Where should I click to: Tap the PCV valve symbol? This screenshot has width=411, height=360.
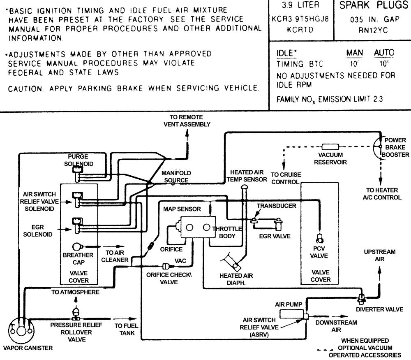(x=319, y=239)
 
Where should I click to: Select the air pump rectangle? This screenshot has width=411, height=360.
(x=291, y=314)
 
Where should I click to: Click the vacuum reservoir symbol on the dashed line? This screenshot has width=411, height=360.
(x=330, y=147)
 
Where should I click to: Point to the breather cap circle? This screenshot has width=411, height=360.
(x=76, y=246)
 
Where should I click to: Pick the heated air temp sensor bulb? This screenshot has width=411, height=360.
(x=244, y=187)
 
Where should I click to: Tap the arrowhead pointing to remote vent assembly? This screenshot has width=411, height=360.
(x=187, y=133)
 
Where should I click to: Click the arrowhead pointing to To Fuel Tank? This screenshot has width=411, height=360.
(x=134, y=319)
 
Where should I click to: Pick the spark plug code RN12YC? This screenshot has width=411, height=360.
(x=373, y=30)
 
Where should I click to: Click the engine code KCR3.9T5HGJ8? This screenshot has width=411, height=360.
(x=300, y=19)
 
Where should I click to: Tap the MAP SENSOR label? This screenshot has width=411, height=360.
(x=182, y=209)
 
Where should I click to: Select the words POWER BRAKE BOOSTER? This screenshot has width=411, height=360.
(x=395, y=147)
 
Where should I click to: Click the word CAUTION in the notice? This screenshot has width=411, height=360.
(x=25, y=89)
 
